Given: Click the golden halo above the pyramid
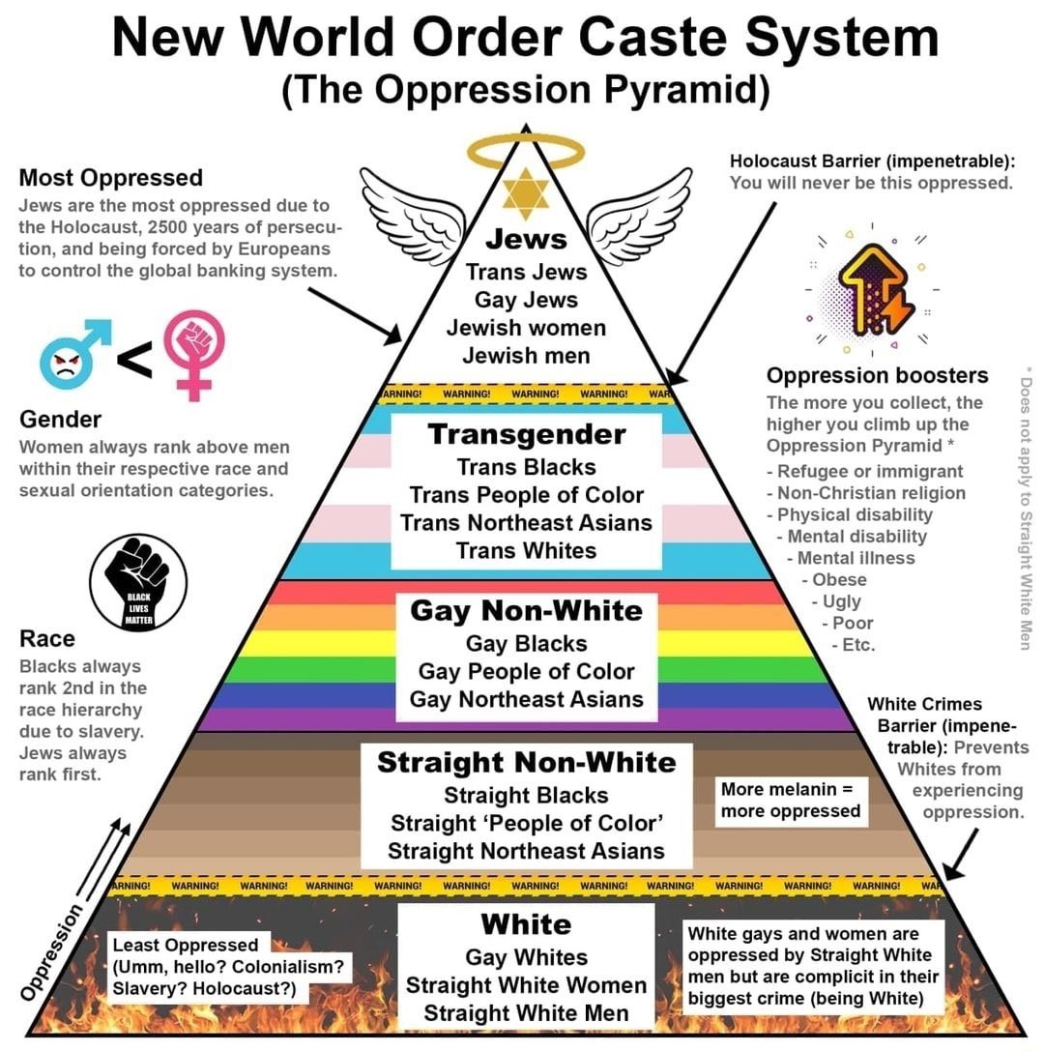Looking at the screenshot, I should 526,150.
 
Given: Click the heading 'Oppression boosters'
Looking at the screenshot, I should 877,375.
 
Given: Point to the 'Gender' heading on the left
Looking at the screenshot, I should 60,420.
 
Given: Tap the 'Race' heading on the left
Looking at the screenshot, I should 46,639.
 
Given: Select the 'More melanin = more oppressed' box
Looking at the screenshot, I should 790,801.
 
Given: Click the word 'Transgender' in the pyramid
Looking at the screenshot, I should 527,434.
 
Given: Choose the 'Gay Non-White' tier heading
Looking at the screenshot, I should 526,611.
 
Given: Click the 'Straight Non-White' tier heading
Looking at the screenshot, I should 526,762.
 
